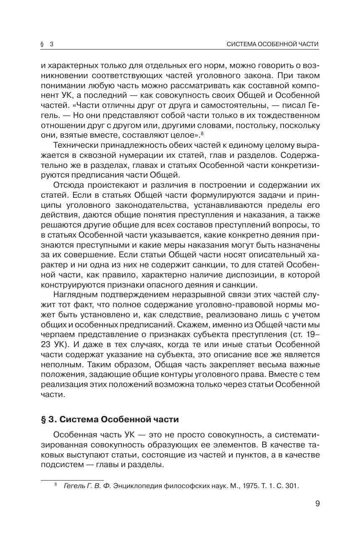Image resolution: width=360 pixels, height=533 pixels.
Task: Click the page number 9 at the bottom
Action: coord(317,503)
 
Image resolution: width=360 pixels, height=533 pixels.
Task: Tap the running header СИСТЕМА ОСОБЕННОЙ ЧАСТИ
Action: coord(272,44)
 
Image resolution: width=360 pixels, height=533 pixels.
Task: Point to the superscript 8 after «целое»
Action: coord(202,133)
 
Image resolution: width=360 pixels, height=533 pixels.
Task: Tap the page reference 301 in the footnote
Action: coord(292,486)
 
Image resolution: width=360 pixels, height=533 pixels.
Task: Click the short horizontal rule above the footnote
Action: coord(72,479)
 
